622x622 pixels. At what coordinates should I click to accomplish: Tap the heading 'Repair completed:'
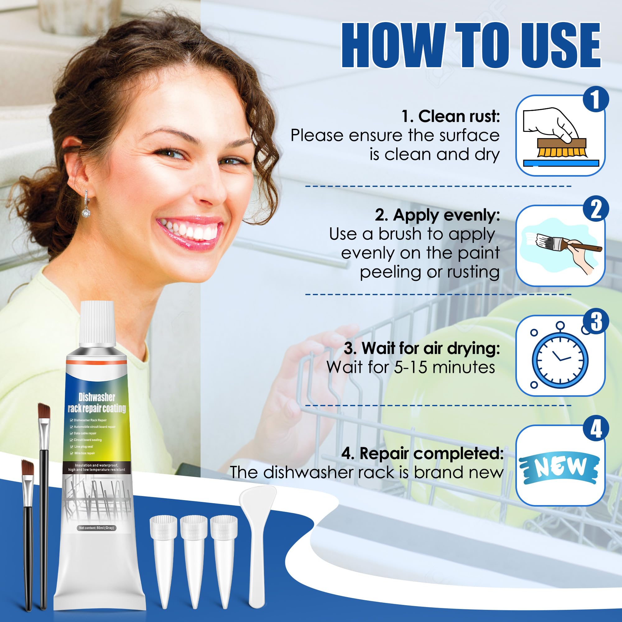click(422, 454)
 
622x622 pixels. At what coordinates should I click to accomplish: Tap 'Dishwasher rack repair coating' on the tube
click(97, 403)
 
